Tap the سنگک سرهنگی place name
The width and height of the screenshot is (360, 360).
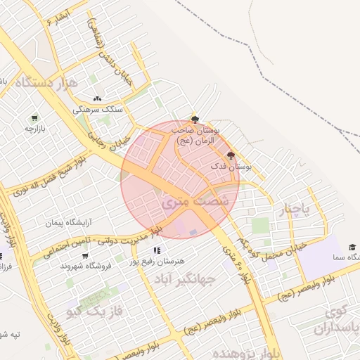[x=102, y=110]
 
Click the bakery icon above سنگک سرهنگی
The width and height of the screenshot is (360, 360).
[x=97, y=99]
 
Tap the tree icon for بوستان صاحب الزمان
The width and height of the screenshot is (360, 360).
[x=195, y=120]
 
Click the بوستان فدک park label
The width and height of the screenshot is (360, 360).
[x=231, y=167]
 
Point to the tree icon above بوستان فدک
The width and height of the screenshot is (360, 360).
[x=231, y=155]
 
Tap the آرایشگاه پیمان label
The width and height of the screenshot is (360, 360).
[x=69, y=223]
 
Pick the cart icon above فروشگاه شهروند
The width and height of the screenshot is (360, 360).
[x=84, y=255]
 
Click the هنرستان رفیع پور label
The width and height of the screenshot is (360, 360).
[x=157, y=260]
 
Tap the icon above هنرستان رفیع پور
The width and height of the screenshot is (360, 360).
[x=156, y=250]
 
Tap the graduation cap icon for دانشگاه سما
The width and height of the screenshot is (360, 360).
[x=352, y=247]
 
